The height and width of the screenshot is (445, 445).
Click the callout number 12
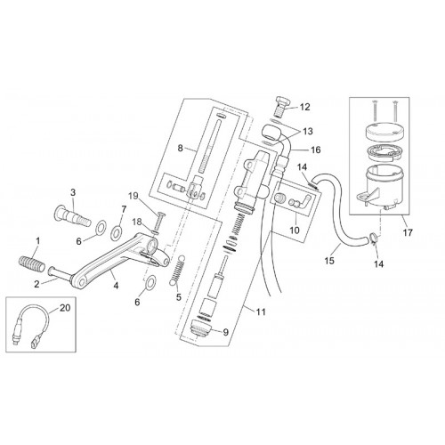click(305, 107)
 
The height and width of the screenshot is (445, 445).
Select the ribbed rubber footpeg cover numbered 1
click(32, 263)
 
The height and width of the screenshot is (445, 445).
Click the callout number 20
click(65, 308)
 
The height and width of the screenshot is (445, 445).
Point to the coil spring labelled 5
click(177, 271)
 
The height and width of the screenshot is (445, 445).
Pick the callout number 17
click(409, 232)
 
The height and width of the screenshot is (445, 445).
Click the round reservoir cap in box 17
click(384, 131)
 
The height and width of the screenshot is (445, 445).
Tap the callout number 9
click(226, 333)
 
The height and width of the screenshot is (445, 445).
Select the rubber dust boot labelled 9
click(201, 328)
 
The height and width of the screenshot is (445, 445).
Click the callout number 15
click(329, 261)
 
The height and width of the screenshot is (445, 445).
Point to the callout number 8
click(181, 148)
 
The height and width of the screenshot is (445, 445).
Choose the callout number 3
click(73, 192)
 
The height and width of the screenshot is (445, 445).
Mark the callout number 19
click(133, 196)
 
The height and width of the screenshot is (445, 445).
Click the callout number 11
click(261, 311)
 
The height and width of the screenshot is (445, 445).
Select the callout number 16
click(316, 150)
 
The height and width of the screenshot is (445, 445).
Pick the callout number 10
click(295, 230)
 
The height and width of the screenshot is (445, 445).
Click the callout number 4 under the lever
click(116, 286)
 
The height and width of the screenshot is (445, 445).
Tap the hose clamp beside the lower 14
click(373, 238)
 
